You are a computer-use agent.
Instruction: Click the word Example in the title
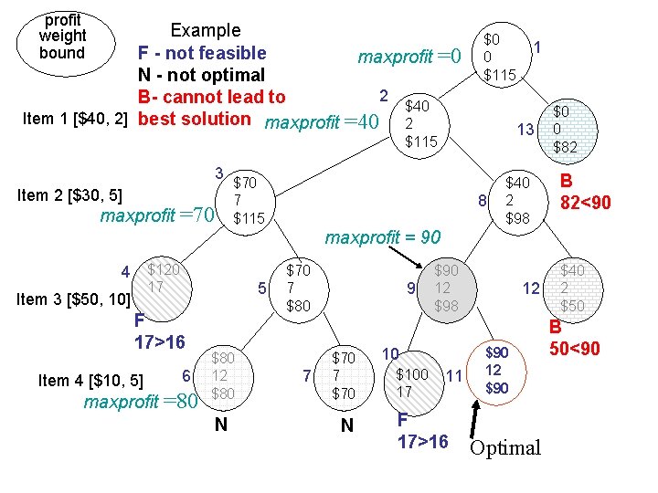pyautogui.click(x=206, y=30)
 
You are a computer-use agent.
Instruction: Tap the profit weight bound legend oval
pyautogui.click(x=61, y=37)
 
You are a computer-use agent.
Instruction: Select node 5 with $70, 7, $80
pyautogui.click(x=299, y=288)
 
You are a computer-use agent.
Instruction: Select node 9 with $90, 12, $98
pyautogui.click(x=445, y=288)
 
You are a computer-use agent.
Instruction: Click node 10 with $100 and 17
pyautogui.click(x=411, y=375)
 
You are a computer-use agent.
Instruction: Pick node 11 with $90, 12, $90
pyautogui.click(x=493, y=370)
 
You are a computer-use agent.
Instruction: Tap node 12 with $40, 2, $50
pyautogui.click(x=571, y=288)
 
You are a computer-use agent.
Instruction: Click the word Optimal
pyautogui.click(x=504, y=447)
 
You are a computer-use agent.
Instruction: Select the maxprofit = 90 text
pyautogui.click(x=383, y=238)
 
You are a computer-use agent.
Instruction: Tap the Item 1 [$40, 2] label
pyautogui.click(x=74, y=119)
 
